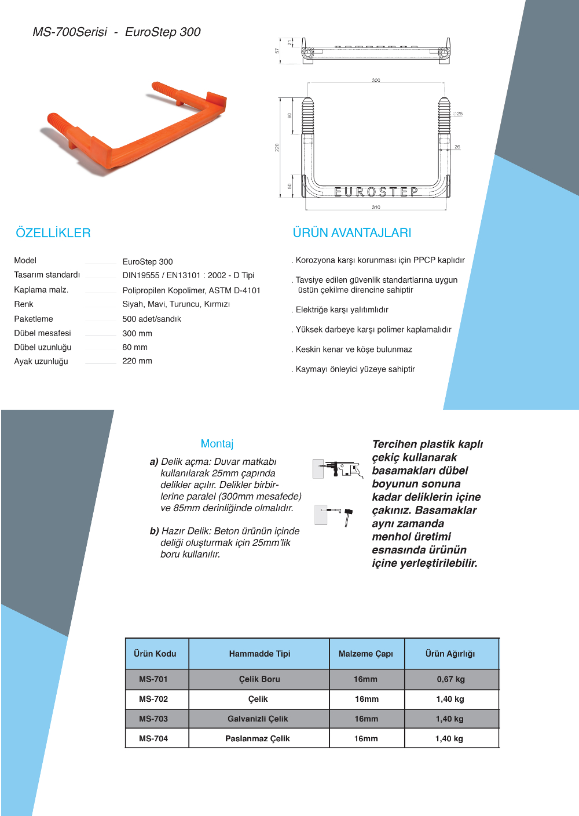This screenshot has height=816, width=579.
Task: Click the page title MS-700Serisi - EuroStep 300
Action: tap(116, 32)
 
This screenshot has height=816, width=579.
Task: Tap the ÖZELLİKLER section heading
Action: tap(53, 233)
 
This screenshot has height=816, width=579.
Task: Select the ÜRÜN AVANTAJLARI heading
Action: tap(352, 233)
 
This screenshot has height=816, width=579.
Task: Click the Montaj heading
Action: tap(217, 444)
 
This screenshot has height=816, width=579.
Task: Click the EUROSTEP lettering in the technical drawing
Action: tap(376, 192)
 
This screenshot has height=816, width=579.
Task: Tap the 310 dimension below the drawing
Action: tap(376, 207)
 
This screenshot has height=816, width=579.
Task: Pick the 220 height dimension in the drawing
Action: tap(277, 148)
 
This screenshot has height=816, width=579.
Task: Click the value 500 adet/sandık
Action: tap(152, 319)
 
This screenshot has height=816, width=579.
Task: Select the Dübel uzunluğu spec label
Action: tap(43, 347)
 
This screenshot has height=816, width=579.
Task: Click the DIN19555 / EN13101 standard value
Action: tap(188, 275)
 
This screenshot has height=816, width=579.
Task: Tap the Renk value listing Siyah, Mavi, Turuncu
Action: tap(176, 304)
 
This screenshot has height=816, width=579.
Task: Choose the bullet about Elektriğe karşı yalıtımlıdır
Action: tap(342, 309)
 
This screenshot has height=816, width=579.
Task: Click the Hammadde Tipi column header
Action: tap(259, 654)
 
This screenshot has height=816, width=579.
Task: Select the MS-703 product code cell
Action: tap(153, 719)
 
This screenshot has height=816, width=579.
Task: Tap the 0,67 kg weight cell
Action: tap(451, 679)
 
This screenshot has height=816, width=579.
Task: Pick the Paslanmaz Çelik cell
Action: tap(258, 738)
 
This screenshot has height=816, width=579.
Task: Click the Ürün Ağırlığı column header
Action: tap(450, 654)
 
